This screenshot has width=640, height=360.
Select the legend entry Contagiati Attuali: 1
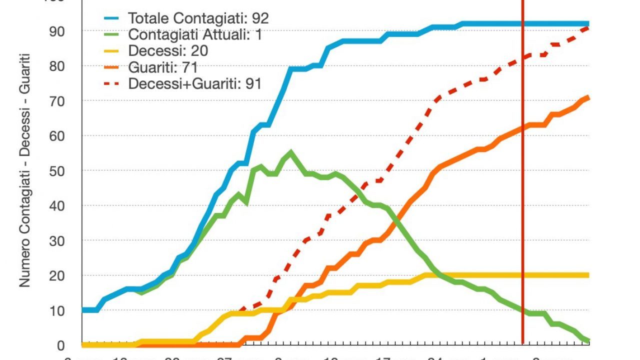click(195, 34)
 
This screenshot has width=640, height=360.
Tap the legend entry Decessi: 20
click(168, 50)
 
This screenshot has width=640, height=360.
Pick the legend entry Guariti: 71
click(163, 67)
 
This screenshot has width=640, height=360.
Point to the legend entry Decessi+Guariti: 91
click(195, 83)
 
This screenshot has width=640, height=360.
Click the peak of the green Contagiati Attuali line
click(291, 152)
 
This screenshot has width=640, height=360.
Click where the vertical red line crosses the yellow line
click(522, 275)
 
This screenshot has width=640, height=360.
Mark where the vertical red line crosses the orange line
click(522, 128)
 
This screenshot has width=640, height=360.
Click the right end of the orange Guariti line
click(588, 97)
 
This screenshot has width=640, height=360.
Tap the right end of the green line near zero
click(588, 341)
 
